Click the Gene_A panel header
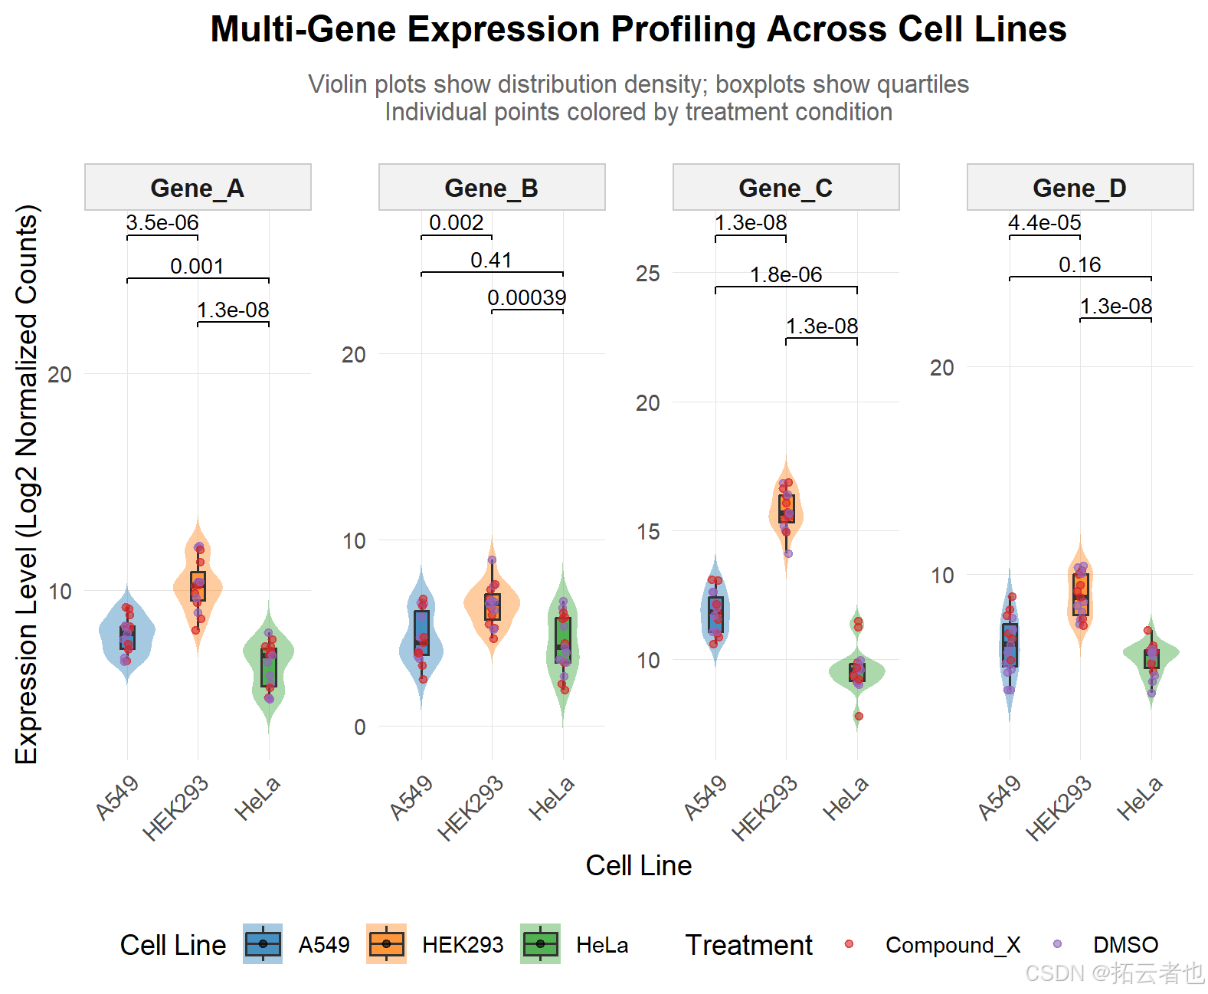[x=197, y=188]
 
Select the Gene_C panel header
[x=785, y=188]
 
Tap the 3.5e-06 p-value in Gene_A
[x=162, y=223]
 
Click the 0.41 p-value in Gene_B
[x=491, y=261]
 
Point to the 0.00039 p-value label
[x=527, y=297]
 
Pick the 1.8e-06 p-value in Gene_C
[x=786, y=274]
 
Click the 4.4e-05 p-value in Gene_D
[x=1045, y=223]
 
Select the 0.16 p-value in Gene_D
[x=1080, y=265]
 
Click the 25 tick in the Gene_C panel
[x=648, y=274]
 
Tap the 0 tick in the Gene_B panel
[x=360, y=727]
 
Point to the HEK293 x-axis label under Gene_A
[x=176, y=808]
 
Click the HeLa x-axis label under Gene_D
[x=1140, y=798]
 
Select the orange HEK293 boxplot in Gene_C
[x=787, y=509]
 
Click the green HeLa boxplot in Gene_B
[x=563, y=640]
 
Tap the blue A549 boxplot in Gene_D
[x=1010, y=645]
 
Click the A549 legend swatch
[x=263, y=944]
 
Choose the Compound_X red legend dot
[x=849, y=944]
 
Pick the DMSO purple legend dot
[x=1058, y=944]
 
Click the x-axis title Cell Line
[x=638, y=866]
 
